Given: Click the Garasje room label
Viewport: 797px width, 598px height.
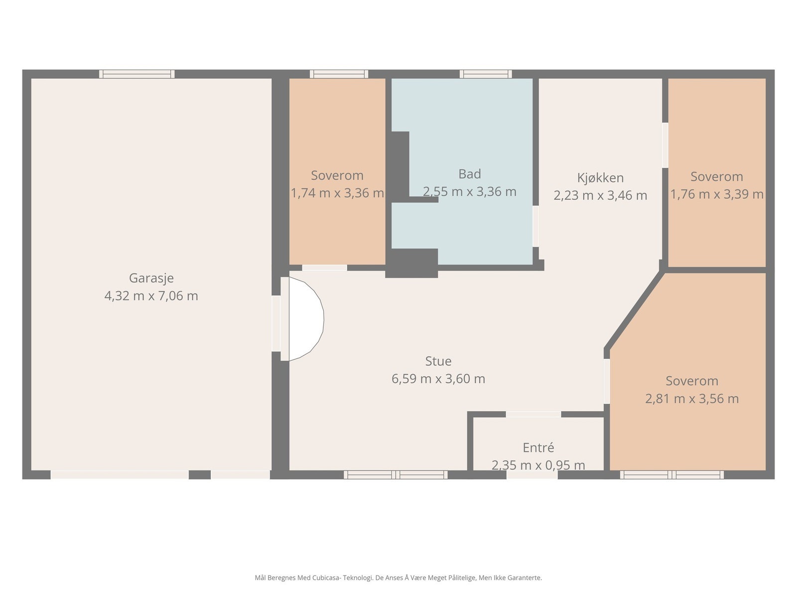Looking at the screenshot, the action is pyautogui.click(x=151, y=278).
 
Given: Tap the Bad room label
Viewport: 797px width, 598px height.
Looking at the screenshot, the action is pyautogui.click(x=470, y=174).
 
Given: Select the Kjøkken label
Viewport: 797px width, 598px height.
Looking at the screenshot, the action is pyautogui.click(x=600, y=178).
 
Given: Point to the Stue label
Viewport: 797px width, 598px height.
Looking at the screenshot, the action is pyautogui.click(x=438, y=361).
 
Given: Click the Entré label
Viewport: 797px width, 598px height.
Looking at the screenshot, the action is pyautogui.click(x=538, y=448).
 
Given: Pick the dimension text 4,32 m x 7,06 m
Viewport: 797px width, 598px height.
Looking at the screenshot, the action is pyautogui.click(x=151, y=296).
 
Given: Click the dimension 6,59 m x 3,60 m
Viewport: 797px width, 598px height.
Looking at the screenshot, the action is pyautogui.click(x=438, y=379).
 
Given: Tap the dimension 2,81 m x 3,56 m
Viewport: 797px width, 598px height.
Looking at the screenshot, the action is pyautogui.click(x=692, y=399).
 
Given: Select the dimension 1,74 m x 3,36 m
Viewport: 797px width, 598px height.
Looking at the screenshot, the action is pyautogui.click(x=337, y=193).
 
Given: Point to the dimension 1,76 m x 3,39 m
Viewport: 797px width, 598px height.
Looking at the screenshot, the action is pyautogui.click(x=717, y=194).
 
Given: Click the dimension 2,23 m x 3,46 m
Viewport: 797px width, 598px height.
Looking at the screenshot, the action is pyautogui.click(x=600, y=195).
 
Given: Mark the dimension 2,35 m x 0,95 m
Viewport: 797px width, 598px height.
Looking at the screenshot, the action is pyautogui.click(x=538, y=465).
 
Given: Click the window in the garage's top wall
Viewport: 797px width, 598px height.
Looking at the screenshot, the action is pyautogui.click(x=137, y=74).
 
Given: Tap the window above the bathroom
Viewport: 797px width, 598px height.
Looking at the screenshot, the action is pyautogui.click(x=486, y=74).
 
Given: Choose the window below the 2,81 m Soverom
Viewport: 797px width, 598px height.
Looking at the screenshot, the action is pyautogui.click(x=672, y=474).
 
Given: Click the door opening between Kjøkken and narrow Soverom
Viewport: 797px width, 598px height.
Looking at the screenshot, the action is pyautogui.click(x=665, y=145).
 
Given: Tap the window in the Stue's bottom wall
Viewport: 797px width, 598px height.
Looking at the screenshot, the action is pyautogui.click(x=396, y=474).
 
